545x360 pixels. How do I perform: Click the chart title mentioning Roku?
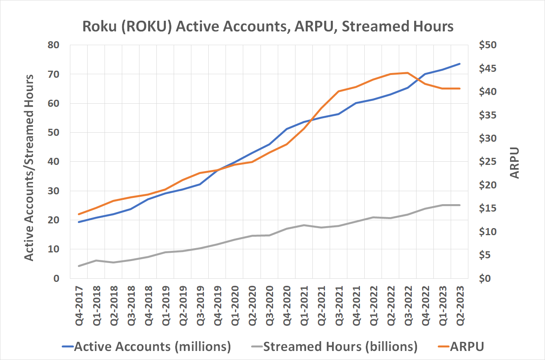point(268,26)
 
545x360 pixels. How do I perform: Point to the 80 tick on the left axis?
point(53,45)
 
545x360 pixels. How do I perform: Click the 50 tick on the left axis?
point(53,133)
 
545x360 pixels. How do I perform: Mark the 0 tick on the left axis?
point(56,278)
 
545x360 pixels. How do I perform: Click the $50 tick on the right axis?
point(488,45)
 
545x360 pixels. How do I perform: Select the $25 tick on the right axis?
point(488,162)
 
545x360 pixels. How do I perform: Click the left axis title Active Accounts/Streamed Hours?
point(29,168)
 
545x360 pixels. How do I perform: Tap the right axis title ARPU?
point(514,163)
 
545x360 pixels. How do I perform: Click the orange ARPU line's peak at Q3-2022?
point(407,73)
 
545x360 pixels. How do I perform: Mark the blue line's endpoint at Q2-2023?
point(459,64)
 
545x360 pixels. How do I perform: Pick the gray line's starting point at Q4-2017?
point(79,266)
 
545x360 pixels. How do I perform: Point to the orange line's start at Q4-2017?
point(79,214)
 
